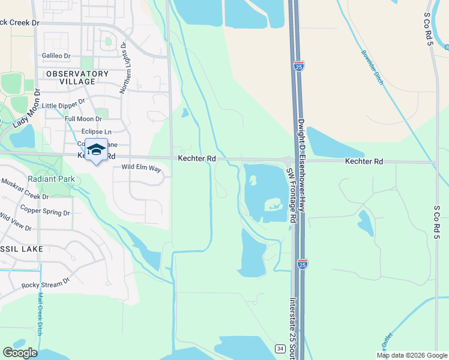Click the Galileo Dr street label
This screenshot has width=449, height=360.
pos(56,56)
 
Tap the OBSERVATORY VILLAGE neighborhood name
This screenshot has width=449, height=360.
pos(77,77)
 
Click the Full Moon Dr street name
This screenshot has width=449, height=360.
pos(83,119)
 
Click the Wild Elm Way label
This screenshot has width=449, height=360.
pos(142,169)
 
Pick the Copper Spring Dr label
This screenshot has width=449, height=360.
pos(45,211)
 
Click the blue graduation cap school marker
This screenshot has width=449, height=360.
pos(96,149)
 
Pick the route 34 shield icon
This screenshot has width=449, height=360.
pos(280,349)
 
